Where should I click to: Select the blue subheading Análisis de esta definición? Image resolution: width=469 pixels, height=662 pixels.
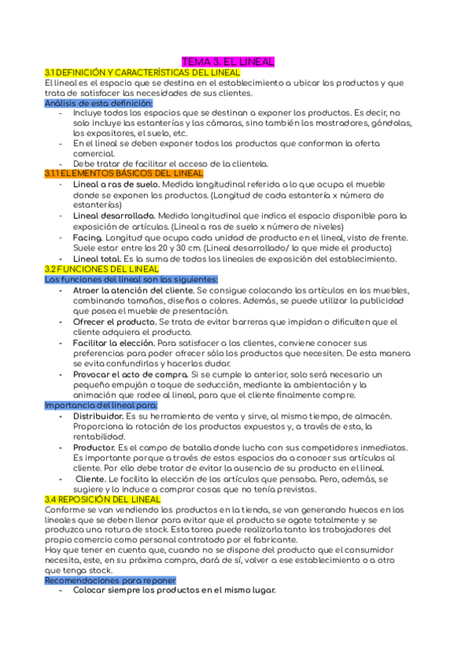pyautogui.click(x=98, y=103)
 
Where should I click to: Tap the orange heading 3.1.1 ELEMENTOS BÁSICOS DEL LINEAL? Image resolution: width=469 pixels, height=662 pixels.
pyautogui.click(x=124, y=173)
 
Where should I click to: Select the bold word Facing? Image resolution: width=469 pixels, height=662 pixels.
pyautogui.click(x=88, y=237)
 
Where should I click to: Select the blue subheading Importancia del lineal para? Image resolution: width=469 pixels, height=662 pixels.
pyautogui.click(x=101, y=405)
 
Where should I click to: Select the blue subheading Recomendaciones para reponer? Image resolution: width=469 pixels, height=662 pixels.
pyautogui.click(x=110, y=581)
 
